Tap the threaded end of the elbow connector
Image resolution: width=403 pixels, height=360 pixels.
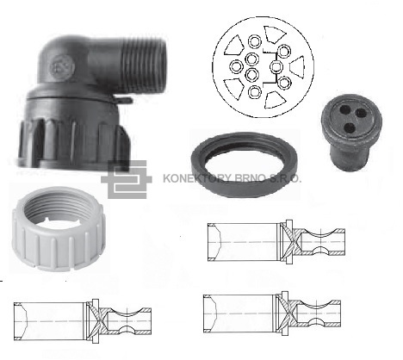point(144,66)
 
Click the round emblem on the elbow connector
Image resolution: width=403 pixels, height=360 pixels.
point(63,67)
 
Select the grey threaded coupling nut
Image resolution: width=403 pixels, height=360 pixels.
point(59,229)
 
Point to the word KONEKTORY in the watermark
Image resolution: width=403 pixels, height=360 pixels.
point(197,178)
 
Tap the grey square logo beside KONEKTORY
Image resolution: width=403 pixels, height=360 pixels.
point(127,179)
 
